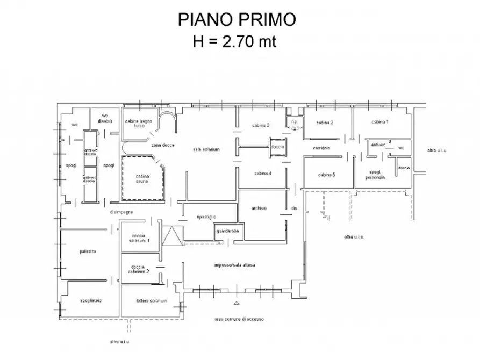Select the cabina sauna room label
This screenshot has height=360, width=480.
[x=142, y=179]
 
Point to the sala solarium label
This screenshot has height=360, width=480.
[x=206, y=149]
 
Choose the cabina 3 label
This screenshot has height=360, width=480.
[x=261, y=125]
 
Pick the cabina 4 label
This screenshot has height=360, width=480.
[x=262, y=173]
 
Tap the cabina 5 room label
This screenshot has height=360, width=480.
[x=327, y=175]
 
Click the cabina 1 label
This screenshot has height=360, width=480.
[x=379, y=123]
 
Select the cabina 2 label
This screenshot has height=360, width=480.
[x=325, y=123]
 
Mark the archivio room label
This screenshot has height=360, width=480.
[x=260, y=208]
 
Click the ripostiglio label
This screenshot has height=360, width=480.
[x=207, y=216]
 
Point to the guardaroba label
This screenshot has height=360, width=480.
[x=228, y=231]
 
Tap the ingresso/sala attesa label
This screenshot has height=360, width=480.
[x=235, y=265]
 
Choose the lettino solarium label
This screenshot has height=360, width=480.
[x=151, y=300]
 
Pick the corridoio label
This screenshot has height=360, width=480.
[x=321, y=148]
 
